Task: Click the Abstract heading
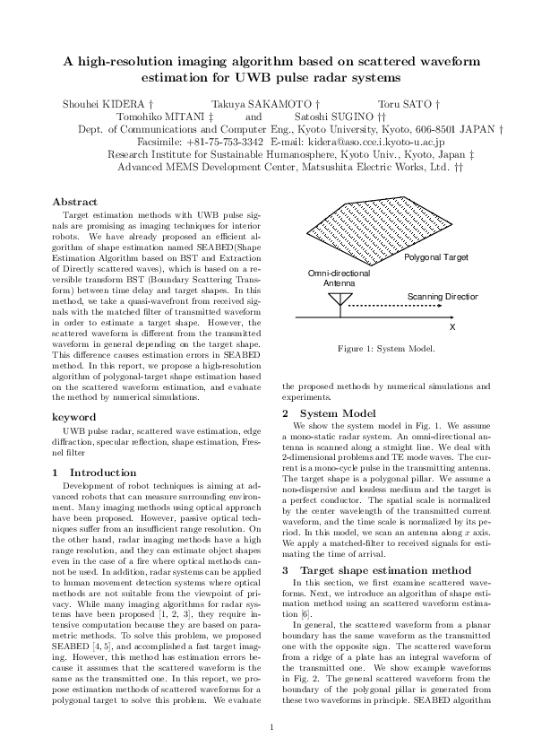click(74, 202)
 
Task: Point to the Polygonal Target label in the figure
click(436, 257)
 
